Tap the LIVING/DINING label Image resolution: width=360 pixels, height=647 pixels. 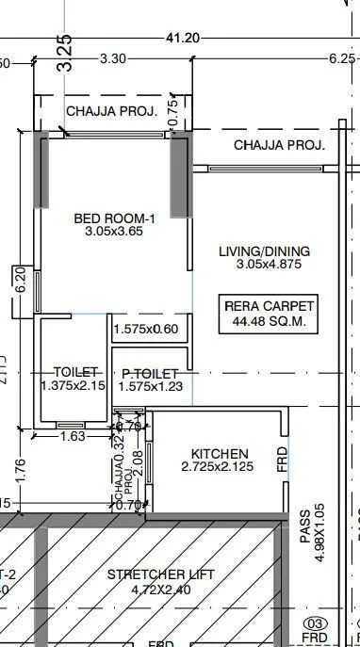[x=264, y=252]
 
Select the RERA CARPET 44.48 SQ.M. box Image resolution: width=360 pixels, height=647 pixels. [x=269, y=314]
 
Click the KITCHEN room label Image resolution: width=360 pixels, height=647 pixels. [x=220, y=454]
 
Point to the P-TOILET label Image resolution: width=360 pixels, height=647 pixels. [x=144, y=374]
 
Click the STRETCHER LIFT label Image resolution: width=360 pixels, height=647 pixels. [x=161, y=574]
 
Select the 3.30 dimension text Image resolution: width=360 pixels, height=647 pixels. [x=113, y=58]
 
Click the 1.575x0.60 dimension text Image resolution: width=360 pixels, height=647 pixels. [x=145, y=330]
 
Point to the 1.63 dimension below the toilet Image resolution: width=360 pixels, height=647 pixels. [x=73, y=436]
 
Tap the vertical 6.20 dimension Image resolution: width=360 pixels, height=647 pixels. [x=20, y=281]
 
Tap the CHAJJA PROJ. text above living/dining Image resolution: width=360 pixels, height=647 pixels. [x=279, y=146]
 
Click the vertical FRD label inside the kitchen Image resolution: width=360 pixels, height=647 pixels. [x=283, y=459]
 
